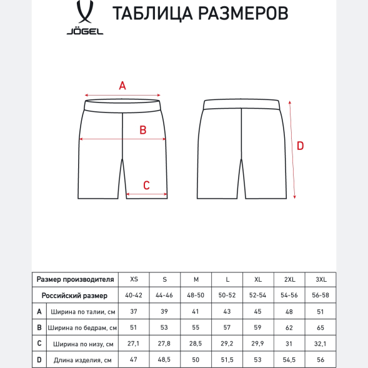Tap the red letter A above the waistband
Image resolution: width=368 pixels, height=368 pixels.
122,86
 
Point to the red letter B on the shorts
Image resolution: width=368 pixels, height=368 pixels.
142,130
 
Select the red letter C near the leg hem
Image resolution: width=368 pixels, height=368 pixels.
146,185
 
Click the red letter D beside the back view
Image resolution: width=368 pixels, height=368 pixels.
300,146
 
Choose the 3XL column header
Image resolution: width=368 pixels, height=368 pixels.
320,279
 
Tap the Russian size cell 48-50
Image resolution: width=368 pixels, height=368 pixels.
196,295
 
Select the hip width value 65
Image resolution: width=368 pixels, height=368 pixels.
320,327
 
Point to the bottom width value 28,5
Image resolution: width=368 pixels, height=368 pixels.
196,344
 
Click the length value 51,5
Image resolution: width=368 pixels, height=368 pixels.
227,360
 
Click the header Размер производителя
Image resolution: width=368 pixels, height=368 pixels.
75,279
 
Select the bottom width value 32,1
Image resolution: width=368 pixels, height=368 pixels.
320,344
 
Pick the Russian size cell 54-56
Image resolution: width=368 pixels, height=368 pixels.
289,295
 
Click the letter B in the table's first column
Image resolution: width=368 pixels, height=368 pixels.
39,327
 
